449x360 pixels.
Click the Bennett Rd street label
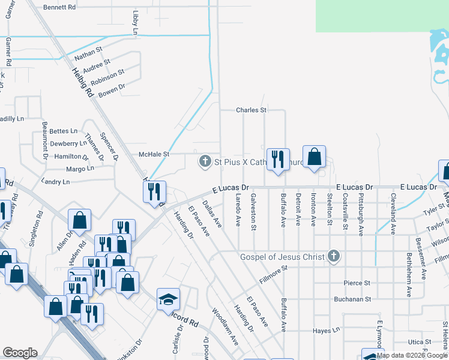click(x=60, y=7)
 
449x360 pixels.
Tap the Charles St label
click(x=251, y=110)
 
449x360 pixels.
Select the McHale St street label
click(x=155, y=154)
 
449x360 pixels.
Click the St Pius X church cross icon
click(x=205, y=161)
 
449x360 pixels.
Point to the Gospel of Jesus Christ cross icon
click(x=334, y=257)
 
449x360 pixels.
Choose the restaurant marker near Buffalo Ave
click(x=277, y=160)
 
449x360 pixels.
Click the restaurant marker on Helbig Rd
click(x=154, y=191)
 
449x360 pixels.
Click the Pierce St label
click(x=357, y=283)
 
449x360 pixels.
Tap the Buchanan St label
click(x=354, y=298)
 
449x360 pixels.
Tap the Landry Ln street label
click(x=56, y=181)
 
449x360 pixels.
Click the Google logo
click(x=20, y=353)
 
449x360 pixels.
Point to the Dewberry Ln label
click(x=68, y=144)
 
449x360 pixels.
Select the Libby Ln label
click(x=134, y=22)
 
